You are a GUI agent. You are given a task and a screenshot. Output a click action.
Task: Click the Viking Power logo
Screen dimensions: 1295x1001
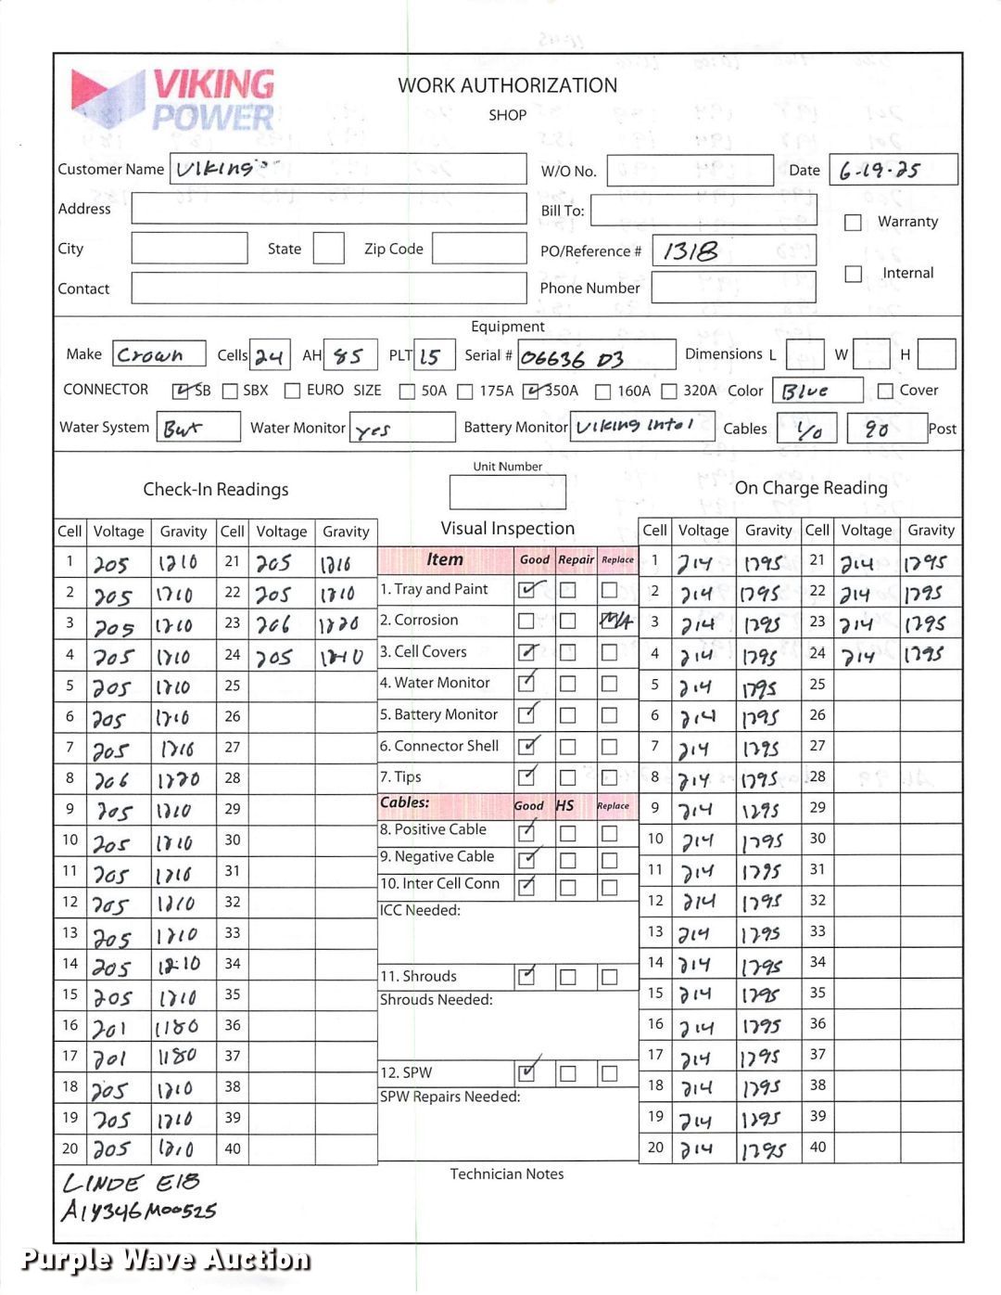173,99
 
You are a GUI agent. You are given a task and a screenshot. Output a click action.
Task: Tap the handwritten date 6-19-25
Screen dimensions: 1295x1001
880,171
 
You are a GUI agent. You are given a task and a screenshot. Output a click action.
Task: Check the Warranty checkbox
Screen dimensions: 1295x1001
854,223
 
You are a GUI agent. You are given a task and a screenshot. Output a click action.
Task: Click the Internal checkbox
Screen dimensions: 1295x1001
854,274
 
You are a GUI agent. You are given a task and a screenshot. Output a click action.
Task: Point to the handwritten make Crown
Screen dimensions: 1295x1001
150,355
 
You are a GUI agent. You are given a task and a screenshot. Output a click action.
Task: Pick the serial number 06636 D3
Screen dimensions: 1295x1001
572,358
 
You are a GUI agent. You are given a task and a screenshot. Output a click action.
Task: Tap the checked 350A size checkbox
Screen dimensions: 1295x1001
531,391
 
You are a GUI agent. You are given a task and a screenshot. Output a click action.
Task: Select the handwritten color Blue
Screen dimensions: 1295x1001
804,391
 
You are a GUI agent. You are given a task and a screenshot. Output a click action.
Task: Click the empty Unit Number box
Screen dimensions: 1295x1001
507,493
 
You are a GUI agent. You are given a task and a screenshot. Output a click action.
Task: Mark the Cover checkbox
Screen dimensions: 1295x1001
885,391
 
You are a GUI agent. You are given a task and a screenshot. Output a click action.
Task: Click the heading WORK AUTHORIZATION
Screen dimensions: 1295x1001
507,85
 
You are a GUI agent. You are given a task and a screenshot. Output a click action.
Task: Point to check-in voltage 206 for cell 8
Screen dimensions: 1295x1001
111,781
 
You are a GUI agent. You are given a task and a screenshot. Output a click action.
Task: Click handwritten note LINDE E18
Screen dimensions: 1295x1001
131,1184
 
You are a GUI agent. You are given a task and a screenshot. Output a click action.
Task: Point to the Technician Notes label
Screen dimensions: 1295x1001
507,1174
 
